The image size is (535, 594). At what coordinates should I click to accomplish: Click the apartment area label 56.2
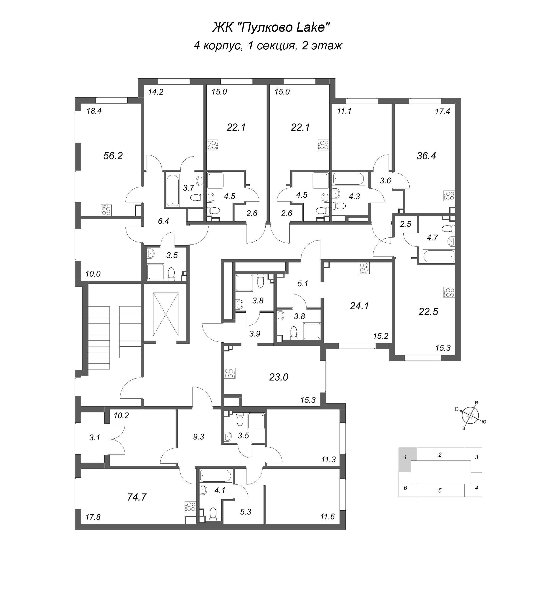(113, 156)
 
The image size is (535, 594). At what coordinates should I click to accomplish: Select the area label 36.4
(426, 156)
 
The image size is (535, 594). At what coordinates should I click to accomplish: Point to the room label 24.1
(359, 306)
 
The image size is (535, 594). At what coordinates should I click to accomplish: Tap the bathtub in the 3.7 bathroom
(172, 190)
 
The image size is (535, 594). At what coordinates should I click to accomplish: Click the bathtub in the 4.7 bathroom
(438, 256)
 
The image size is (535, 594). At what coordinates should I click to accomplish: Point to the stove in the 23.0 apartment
(229, 374)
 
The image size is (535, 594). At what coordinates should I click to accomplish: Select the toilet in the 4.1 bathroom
(213, 514)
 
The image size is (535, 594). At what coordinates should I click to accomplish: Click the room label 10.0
(93, 274)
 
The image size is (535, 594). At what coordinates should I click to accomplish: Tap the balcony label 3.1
(95, 438)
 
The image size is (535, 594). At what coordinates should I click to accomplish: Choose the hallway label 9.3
(198, 437)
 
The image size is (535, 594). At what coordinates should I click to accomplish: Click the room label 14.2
(156, 92)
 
